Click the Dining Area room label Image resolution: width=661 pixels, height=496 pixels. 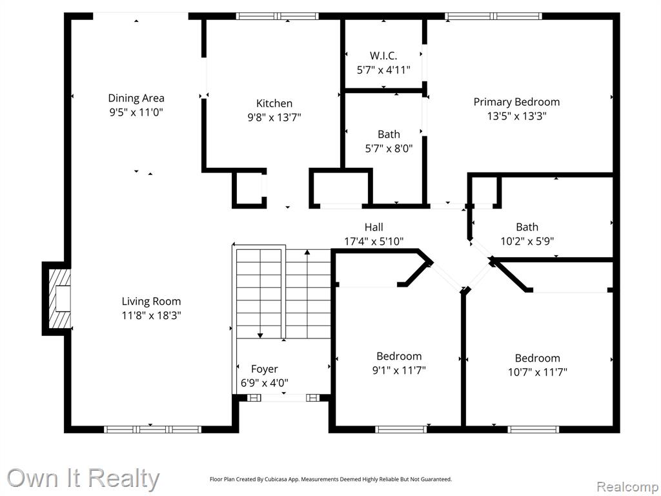136,98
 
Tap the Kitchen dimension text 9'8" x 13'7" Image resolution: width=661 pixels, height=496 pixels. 274,117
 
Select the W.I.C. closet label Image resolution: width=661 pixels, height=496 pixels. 383,56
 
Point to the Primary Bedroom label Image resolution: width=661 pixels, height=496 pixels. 516,102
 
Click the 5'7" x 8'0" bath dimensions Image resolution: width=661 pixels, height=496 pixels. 389,148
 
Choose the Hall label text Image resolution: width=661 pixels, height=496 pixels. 374,227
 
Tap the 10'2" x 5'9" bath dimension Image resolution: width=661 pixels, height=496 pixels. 527,241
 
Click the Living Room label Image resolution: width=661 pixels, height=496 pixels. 151,302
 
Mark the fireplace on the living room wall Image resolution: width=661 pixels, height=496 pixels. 57,298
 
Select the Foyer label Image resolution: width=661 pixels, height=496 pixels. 264,369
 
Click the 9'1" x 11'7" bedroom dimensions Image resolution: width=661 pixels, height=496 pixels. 399,370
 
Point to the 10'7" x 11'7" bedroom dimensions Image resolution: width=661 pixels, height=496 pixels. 538,371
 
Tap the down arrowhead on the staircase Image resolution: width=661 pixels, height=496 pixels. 260,335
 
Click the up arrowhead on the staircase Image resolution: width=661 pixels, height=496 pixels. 307,253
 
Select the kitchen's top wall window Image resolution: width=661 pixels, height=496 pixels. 278,16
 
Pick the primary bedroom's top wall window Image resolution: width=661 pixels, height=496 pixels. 493,16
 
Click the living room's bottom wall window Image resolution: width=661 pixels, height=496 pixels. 152,429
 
